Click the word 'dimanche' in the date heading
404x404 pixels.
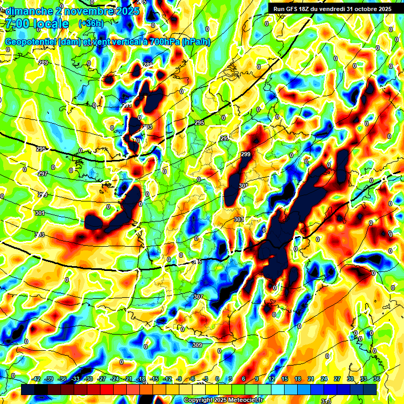[27, 11]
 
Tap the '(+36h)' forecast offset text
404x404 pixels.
[90, 23]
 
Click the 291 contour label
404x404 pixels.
[127, 106]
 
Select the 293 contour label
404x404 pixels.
[147, 127]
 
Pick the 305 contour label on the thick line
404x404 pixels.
[197, 261]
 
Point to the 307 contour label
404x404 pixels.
[198, 297]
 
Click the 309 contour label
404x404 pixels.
[197, 345]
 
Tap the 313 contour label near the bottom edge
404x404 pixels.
[326, 401]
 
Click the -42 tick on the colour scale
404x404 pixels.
[36, 379]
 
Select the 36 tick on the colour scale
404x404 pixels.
[376, 379]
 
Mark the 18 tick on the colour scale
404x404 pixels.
[298, 379]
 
